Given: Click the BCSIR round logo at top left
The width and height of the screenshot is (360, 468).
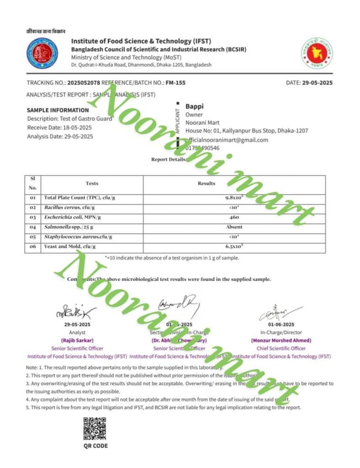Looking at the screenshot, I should tap(42, 52).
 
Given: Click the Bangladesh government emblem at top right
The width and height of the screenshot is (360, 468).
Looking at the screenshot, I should tap(317, 52).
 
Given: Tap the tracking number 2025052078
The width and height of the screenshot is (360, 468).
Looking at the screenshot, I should tap(84, 83).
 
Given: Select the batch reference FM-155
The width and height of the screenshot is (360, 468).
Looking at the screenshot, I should tap(176, 83).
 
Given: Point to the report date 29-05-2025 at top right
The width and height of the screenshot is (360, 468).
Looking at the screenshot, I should tap(318, 83).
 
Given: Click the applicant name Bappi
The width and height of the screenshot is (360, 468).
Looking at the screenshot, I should tap(194, 106).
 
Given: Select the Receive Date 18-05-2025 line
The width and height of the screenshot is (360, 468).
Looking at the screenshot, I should tap(59, 128).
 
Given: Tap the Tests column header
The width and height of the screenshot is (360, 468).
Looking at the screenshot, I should tap(92, 183).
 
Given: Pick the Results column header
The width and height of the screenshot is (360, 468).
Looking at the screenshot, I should tap(206, 183).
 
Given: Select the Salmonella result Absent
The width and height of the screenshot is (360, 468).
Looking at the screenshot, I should tap(234, 227).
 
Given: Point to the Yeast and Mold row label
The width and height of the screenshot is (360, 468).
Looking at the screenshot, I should tap(70, 246).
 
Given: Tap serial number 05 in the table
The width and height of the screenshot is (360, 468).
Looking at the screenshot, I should tap(32, 237).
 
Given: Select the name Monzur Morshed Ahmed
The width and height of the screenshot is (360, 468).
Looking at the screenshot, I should tap(281, 340).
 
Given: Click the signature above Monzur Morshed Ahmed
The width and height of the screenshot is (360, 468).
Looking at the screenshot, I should tap(280, 312).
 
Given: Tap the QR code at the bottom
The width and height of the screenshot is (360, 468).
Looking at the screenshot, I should tap(95, 429).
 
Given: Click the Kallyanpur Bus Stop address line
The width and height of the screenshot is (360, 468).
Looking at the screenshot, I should tap(247, 131).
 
